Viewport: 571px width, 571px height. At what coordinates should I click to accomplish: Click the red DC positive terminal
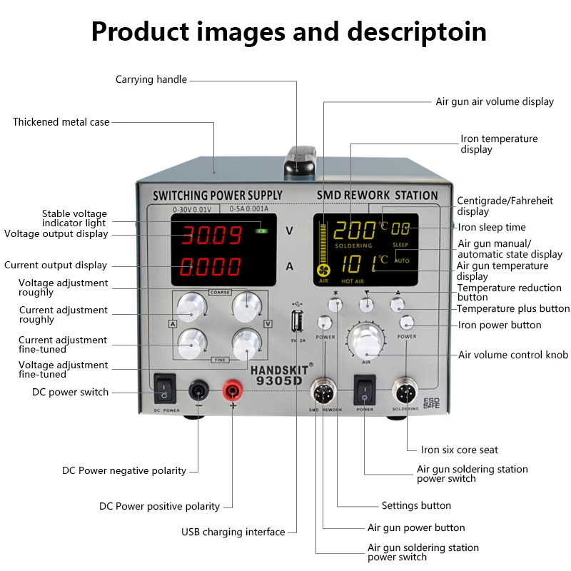pos(232,390)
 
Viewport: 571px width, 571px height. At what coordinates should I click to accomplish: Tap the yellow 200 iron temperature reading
pos(355,230)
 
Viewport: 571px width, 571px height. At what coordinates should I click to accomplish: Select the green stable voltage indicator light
pos(263,230)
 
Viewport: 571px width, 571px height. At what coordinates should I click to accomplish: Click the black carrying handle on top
pos(298,161)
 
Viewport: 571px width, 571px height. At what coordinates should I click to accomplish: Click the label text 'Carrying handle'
pos(151,79)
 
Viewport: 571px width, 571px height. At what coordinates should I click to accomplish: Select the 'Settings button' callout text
pos(416,505)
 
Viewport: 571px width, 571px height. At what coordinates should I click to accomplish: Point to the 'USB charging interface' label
pos(233,532)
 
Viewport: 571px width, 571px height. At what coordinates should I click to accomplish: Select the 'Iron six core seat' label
pos(459,450)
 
